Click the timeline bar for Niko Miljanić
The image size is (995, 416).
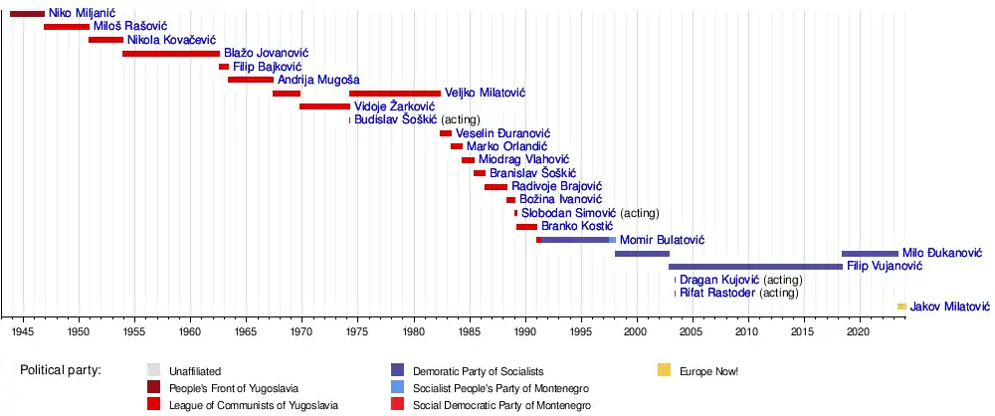coord(27,14)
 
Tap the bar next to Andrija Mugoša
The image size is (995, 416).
coord(250,80)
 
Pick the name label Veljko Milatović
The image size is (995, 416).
coord(485,93)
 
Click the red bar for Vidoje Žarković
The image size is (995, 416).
coord(324,106)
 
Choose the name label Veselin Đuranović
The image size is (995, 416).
coord(502,133)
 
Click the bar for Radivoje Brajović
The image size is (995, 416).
coord(496,186)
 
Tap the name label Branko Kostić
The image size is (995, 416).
coord(578,226)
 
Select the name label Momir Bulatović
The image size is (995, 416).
coord(662,240)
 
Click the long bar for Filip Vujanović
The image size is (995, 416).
coord(755,267)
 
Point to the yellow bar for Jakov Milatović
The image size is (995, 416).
coord(901,307)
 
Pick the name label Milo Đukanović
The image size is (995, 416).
coord(942,254)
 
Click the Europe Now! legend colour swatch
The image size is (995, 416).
coord(664,371)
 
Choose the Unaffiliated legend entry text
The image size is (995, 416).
coord(195,371)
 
